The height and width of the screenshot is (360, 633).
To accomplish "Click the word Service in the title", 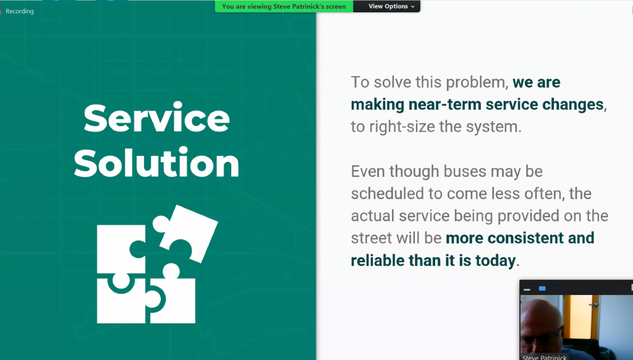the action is tap(156, 118).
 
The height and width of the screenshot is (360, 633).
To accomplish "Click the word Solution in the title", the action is tap(156, 163).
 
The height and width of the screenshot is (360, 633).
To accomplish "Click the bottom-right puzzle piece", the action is tap(172, 297).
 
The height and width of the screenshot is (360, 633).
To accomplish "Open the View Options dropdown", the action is tap(391, 6).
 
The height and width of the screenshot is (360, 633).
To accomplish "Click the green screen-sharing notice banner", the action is tap(284, 6).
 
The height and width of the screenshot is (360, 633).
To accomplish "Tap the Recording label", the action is tap(19, 11).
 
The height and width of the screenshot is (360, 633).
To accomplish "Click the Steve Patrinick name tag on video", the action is tap(545, 357).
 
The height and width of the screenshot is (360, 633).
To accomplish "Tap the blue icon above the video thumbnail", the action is tap(542, 288).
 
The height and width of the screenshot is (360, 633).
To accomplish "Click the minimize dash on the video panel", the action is tap(527, 289).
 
